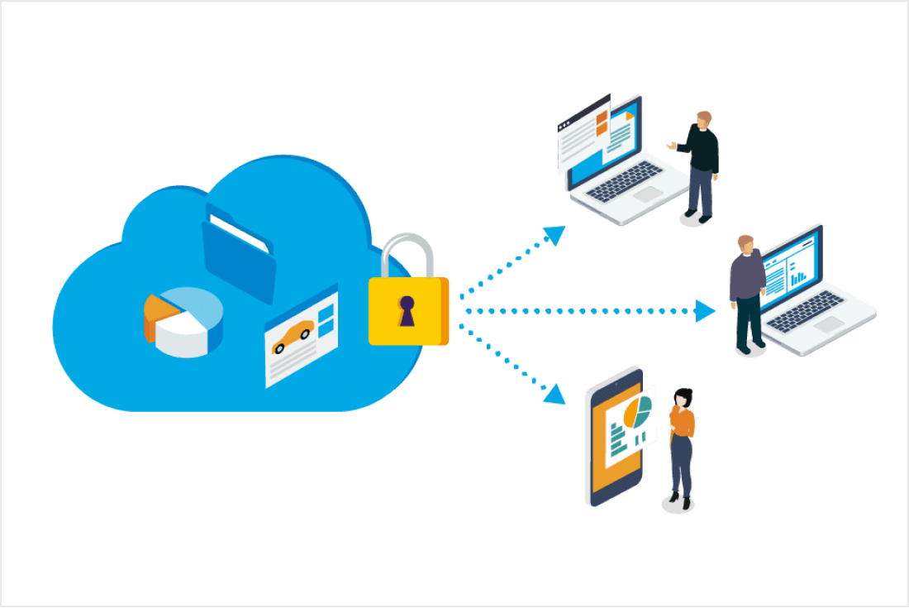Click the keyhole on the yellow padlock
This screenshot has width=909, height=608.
tap(407, 310)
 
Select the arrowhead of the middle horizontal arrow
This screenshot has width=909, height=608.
tap(705, 311)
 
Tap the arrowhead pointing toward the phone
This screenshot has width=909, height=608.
tap(554, 395)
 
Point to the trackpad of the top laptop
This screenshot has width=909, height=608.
tap(649, 194)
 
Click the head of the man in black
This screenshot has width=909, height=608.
tap(703, 119)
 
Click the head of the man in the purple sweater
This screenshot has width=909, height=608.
tap(746, 245)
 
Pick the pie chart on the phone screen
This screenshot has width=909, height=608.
tap(636, 411)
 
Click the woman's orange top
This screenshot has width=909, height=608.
tap(683, 422)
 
